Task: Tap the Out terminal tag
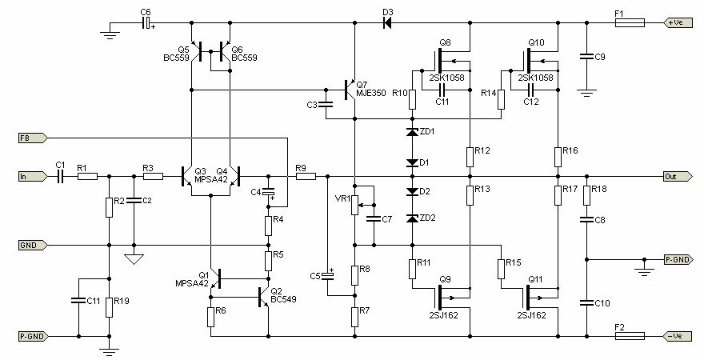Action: [678, 177]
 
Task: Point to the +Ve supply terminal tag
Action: [678, 22]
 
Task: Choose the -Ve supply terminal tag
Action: [678, 336]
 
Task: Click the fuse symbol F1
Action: [630, 22]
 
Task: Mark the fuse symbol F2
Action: [630, 336]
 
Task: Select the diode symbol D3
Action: [387, 22]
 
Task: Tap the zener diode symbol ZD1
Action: [412, 131]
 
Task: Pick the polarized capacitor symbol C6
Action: [147, 22]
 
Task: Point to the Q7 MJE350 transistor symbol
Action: [350, 90]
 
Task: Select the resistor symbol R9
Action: [306, 177]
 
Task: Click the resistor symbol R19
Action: [109, 307]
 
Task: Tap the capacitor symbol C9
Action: [586, 57]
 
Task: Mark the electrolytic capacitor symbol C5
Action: [328, 275]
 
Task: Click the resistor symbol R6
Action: [210, 317]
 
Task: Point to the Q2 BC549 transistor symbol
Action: [264, 297]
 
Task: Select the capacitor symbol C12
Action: [531, 90]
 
